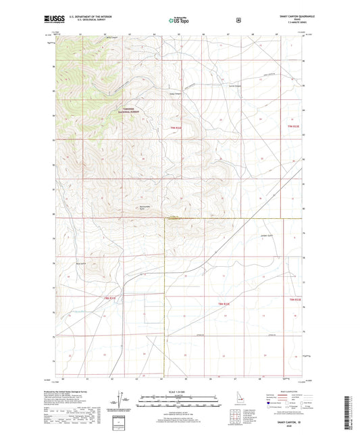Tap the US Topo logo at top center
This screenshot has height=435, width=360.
[x=178, y=20]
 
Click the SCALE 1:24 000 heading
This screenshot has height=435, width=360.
[x=179, y=393]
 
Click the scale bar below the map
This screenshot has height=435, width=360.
[x=179, y=400]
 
